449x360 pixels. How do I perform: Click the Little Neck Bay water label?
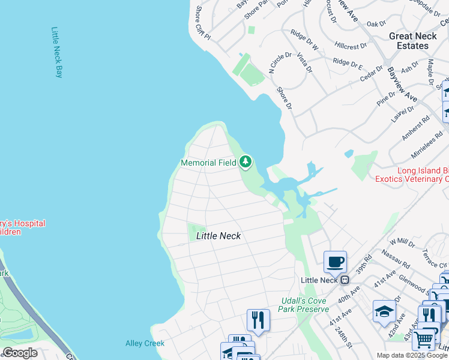tap(57, 53)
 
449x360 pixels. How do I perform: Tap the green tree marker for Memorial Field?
tap(245, 161)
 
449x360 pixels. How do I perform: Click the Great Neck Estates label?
tap(409, 41)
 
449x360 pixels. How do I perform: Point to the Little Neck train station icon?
tap(345, 280)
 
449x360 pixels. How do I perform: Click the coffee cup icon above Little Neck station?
tap(335, 262)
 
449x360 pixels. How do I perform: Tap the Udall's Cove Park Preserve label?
tap(304, 305)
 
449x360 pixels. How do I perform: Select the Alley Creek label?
tap(144, 343)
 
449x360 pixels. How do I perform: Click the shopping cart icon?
tap(423, 340)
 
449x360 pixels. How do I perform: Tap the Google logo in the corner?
tap(20, 353)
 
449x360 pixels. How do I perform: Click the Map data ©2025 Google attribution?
tap(412, 355)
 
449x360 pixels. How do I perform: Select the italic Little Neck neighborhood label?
tap(218, 236)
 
